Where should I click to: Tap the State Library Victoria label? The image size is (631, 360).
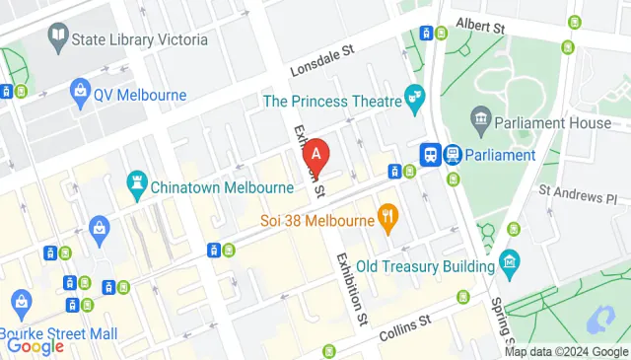140,39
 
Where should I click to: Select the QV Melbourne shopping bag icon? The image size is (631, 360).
80,95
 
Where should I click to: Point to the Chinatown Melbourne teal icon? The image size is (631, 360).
136,181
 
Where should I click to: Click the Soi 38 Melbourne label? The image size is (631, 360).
316,221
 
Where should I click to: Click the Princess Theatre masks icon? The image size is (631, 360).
414,99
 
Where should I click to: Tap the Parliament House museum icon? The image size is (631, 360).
480,123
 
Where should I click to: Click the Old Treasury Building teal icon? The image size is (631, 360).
509,263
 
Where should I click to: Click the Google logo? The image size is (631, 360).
35,346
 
